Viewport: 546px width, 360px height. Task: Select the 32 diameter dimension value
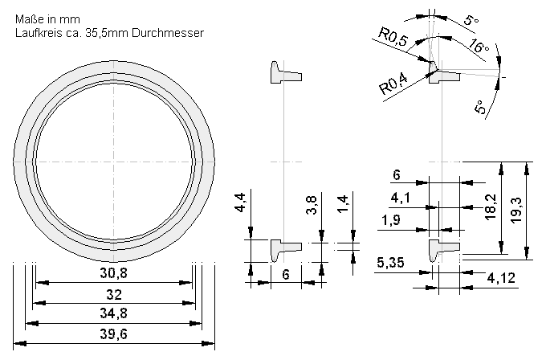(x=113, y=294)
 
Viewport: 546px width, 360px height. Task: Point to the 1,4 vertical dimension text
(x=343, y=207)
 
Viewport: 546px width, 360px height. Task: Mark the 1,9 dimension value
(x=393, y=220)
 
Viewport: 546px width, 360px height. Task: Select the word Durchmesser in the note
(x=165, y=34)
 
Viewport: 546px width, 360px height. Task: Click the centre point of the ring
(x=114, y=162)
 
